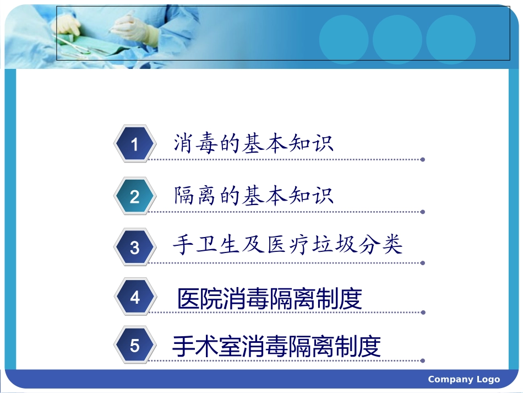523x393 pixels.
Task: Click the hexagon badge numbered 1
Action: coord(134,144)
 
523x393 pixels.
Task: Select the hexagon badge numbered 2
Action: coord(134,197)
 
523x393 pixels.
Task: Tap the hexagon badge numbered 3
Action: coord(134,247)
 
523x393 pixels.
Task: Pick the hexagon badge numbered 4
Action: coord(134,298)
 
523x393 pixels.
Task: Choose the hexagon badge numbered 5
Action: coord(134,346)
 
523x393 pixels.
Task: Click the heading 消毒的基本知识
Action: coord(253,143)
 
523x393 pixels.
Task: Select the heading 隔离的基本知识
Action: coord(253,196)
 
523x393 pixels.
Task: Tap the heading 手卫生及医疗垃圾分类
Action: coord(287,245)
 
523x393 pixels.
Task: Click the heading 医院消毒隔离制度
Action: coord(270,299)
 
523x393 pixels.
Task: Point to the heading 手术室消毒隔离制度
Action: coord(276,347)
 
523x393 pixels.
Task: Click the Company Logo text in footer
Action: coord(464,379)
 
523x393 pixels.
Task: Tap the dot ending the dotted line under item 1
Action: coord(422,160)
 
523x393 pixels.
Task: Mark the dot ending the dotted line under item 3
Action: coord(422,263)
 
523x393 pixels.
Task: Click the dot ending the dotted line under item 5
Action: coord(422,362)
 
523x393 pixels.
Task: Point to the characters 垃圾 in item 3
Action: coord(345,245)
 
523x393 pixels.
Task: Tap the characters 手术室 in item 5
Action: coord(206,347)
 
